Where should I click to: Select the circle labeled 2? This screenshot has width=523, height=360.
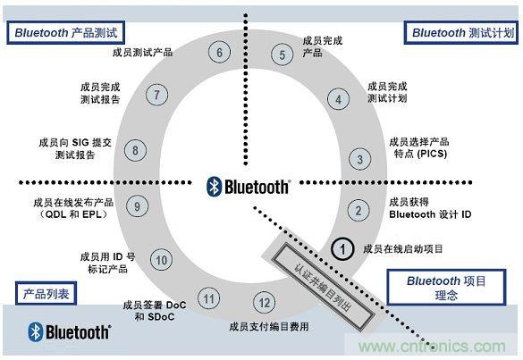(358, 211)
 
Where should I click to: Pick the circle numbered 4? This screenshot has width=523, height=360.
(338, 99)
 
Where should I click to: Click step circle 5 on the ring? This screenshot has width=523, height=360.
(283, 55)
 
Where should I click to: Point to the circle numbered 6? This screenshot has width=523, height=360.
(220, 52)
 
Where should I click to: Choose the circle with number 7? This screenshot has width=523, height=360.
(156, 95)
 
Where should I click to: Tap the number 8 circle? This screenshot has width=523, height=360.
(135, 149)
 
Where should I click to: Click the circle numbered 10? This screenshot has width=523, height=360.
(161, 260)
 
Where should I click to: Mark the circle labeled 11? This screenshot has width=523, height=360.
(208, 298)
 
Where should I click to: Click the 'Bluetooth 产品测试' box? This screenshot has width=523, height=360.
(65, 32)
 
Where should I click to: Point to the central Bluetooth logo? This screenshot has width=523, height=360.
(249, 186)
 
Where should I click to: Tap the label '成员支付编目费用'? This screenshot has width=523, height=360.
(268, 326)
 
